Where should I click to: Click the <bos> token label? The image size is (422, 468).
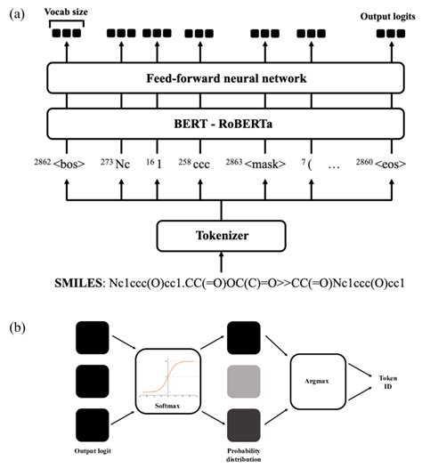(69, 165)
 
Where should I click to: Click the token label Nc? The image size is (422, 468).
(125, 165)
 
